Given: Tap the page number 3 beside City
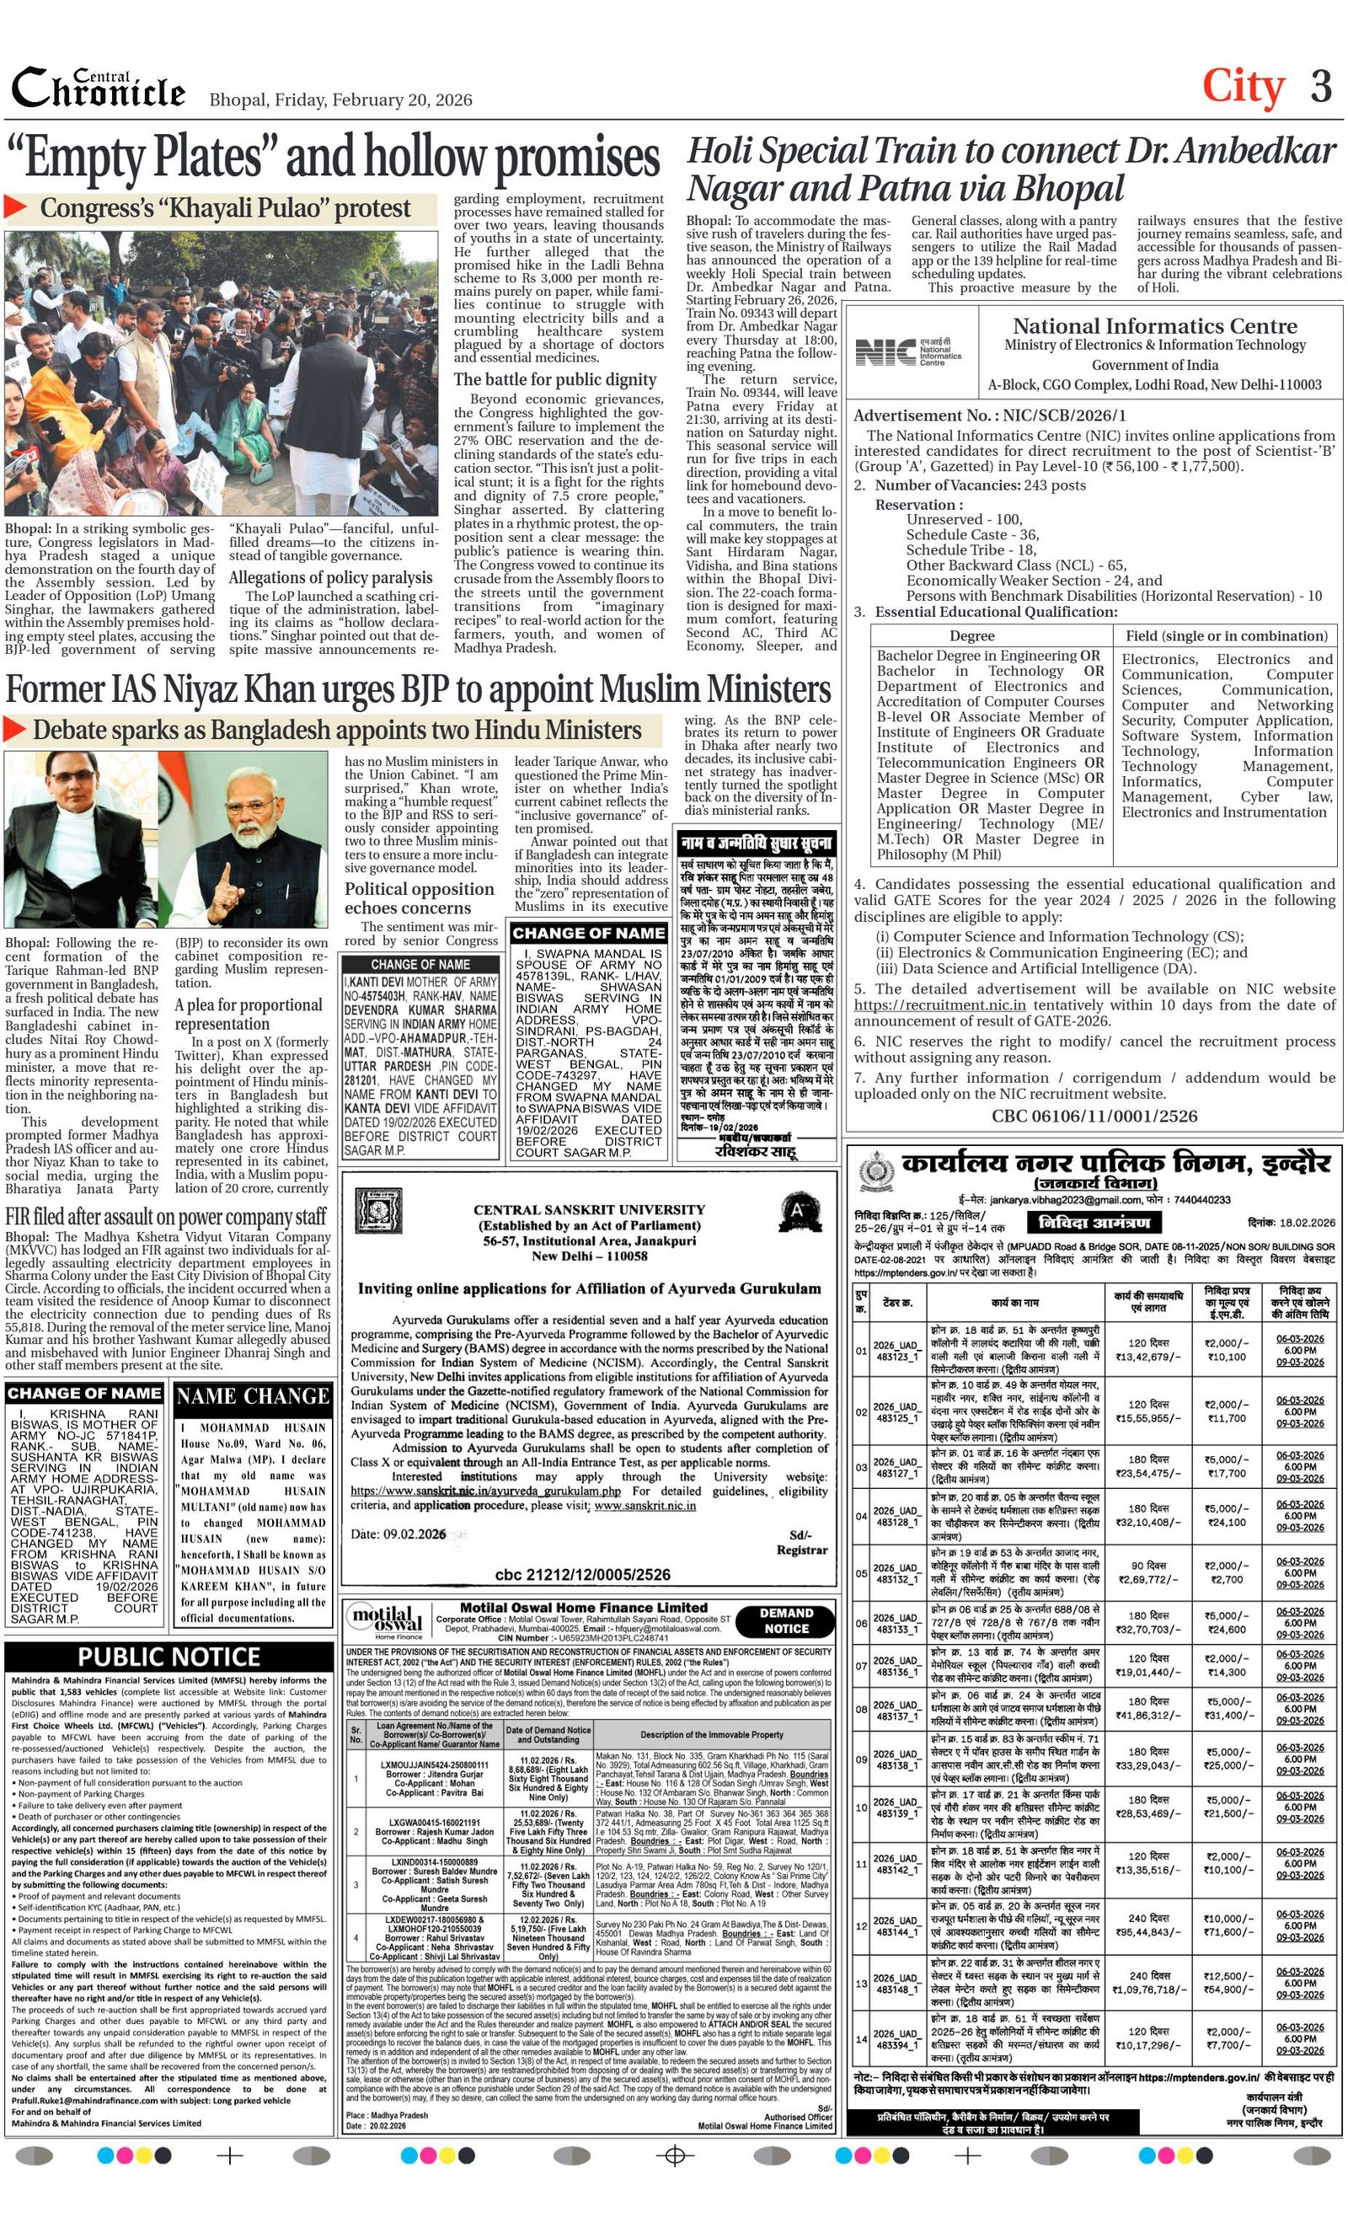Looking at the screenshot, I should coord(1321,87).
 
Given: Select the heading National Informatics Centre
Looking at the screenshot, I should coord(1154,325).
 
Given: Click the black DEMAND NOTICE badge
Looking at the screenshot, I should coord(786,1620).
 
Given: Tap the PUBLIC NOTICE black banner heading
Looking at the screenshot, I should coord(169,1656).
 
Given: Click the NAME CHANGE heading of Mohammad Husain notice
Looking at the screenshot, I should coord(253,1396).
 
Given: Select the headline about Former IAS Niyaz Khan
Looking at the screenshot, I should coord(418,689).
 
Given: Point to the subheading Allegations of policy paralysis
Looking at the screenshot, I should coord(330,577).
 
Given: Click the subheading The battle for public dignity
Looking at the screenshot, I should coord(555,379).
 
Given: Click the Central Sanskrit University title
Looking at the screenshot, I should coord(589,1209).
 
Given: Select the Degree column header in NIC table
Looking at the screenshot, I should coord(972,635).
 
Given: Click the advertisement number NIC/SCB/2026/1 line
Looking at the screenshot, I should coord(990,416).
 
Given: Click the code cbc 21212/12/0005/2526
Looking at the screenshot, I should coord(582,1574).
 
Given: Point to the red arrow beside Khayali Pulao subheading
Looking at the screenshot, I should coord(16,207).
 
